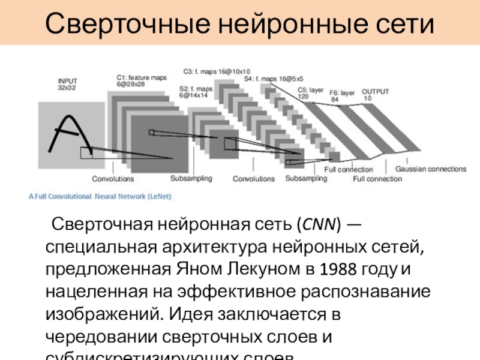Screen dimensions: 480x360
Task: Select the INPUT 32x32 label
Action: pyautogui.click(x=67, y=84)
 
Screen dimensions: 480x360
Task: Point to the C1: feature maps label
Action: pyautogui.click(x=142, y=80)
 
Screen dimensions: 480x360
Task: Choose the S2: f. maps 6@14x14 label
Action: pyautogui.click(x=196, y=92)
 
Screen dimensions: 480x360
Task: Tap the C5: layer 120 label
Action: pyautogui.click(x=311, y=92)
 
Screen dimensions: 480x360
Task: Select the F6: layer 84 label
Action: pyautogui.click(x=341, y=96)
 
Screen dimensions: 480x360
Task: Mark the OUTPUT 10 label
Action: pyautogui.click(x=375, y=94)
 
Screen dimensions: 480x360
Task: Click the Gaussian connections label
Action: pyautogui.click(x=430, y=169)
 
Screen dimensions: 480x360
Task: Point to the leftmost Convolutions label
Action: pyautogui.click(x=113, y=179)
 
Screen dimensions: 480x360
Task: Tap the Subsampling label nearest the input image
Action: pyautogui.click(x=191, y=178)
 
